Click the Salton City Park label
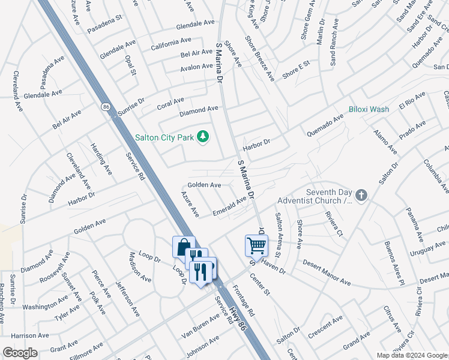click(164, 137)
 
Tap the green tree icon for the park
click(203, 137)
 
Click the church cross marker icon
click(361, 195)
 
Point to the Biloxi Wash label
click(369, 109)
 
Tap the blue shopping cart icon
click(256, 245)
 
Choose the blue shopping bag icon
click(184, 247)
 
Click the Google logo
click(20, 352)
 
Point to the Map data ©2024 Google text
click(411, 355)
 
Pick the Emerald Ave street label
click(230, 207)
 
